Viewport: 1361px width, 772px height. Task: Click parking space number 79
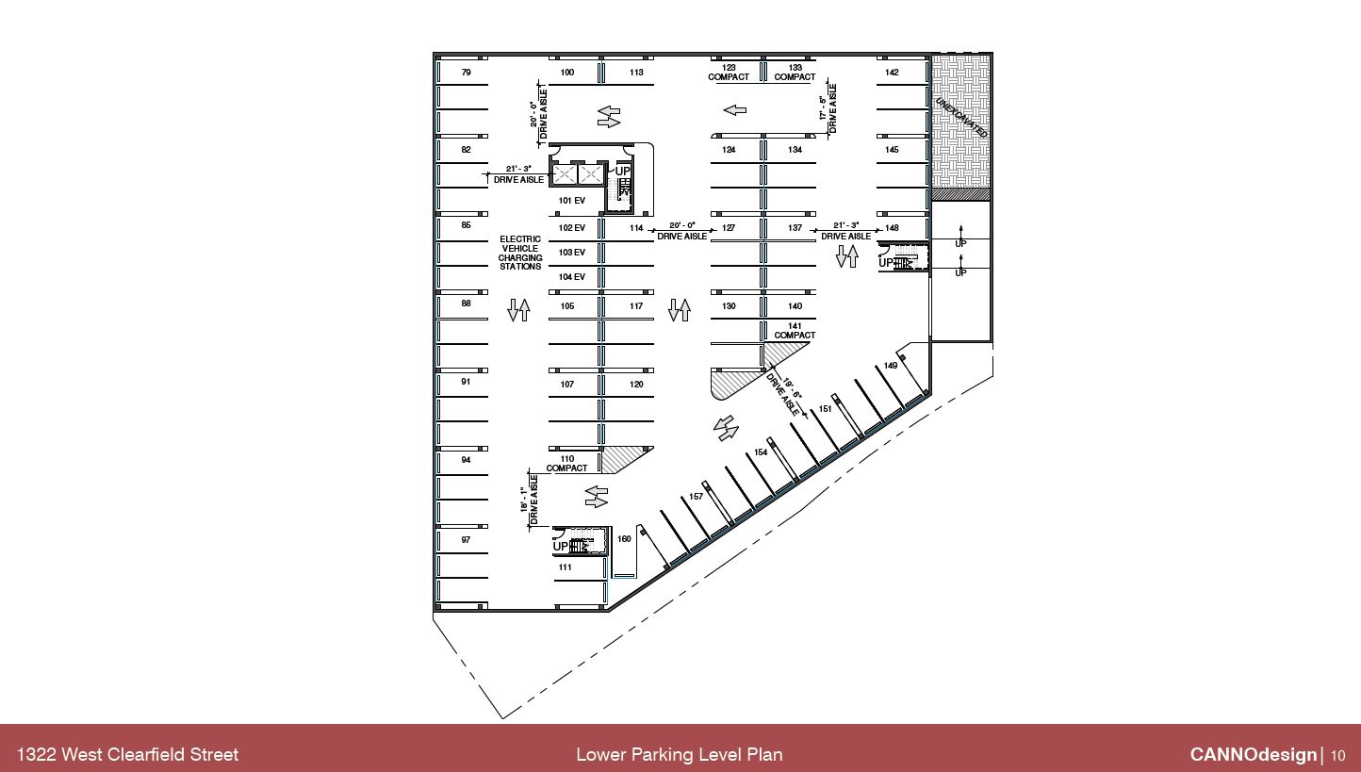[x=466, y=73]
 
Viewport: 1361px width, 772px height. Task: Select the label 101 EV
[x=571, y=201]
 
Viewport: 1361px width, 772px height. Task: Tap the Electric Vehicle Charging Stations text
[x=520, y=253]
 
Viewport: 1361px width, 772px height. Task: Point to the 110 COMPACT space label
[x=566, y=464]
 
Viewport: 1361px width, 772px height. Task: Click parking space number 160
[x=624, y=539]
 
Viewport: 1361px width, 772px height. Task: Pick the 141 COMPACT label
[x=795, y=331]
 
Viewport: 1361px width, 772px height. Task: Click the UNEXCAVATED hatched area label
[x=961, y=117]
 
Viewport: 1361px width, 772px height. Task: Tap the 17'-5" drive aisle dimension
[x=828, y=109]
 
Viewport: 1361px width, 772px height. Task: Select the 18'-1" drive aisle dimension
[x=529, y=500]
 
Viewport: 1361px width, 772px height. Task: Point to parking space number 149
[x=891, y=366]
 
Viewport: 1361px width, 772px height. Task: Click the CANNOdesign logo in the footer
[x=1253, y=754]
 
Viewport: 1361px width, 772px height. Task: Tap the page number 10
[x=1338, y=755]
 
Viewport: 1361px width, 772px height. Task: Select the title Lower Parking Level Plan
[x=679, y=754]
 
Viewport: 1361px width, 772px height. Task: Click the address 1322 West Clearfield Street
[x=127, y=754]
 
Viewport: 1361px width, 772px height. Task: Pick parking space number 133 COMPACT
[x=795, y=73]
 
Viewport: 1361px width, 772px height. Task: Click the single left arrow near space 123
[x=734, y=110]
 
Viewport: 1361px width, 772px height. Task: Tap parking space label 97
[x=466, y=540]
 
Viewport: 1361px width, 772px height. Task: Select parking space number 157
[x=696, y=497]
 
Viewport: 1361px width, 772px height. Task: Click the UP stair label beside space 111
[x=561, y=547]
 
